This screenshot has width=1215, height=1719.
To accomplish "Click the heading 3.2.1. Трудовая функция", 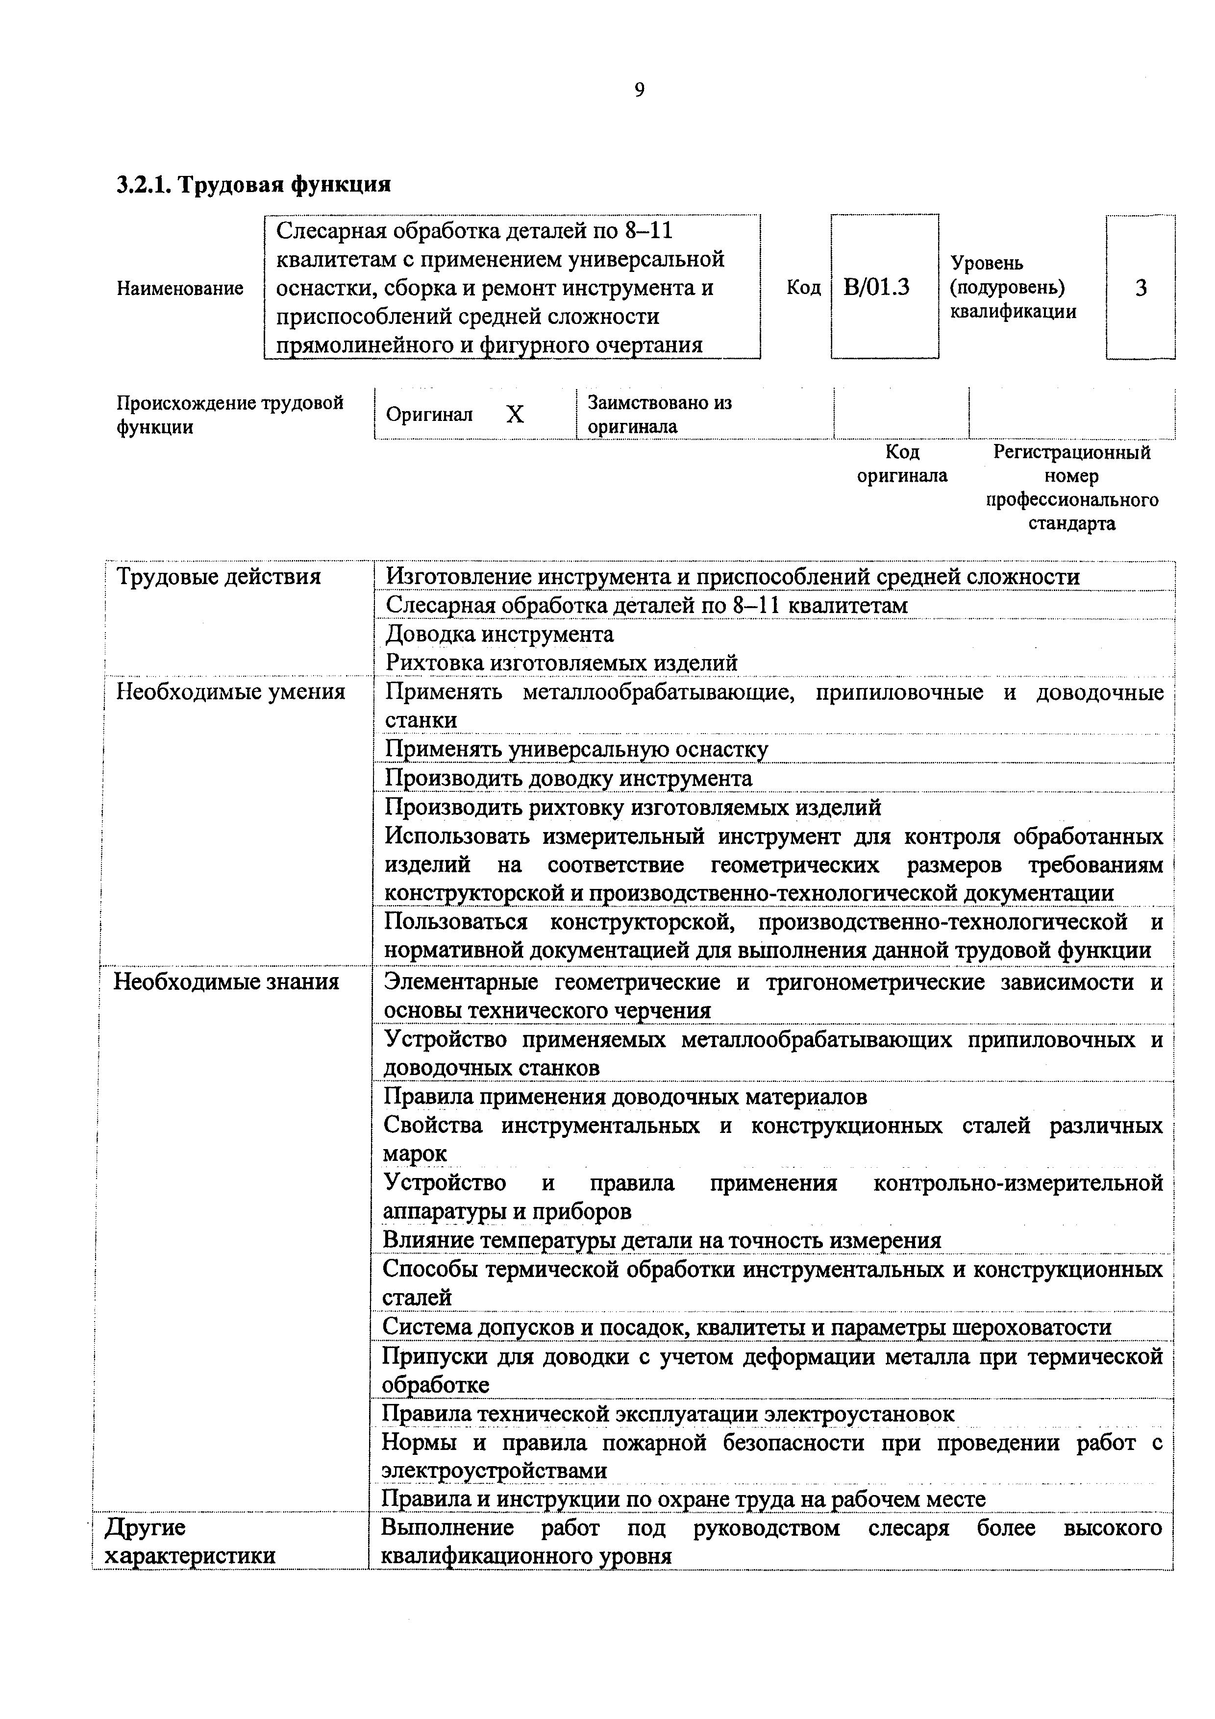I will point(254,183).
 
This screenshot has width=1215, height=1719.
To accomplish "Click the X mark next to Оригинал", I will point(515,414).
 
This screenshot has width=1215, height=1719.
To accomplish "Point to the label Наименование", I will point(180,288).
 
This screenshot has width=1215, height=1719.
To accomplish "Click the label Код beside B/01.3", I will point(803,288).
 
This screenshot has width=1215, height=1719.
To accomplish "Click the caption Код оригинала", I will point(902,464).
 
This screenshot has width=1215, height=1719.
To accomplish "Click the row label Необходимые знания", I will point(226,981).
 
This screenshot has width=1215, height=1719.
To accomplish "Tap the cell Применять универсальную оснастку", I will point(576,749).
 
